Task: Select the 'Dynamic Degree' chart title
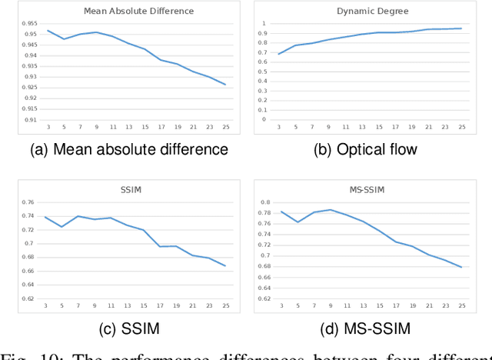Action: pos(372,11)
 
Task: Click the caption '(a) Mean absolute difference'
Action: pos(128,149)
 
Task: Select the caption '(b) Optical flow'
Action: pos(365,149)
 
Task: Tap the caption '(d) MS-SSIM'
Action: pos(366,329)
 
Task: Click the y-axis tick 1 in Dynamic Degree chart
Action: pos(262,23)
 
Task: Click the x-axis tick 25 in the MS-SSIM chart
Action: pos(462,306)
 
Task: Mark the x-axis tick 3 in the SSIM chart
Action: pos(47,306)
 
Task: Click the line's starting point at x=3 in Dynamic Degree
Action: pos(278,53)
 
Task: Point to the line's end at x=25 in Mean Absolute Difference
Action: pos(225,85)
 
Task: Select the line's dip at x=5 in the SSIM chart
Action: pos(62,226)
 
